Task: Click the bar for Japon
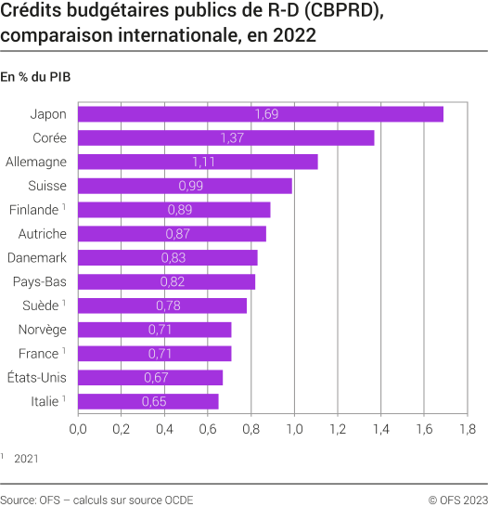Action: click(x=261, y=114)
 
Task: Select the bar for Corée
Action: click(x=225, y=137)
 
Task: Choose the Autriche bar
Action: click(x=172, y=234)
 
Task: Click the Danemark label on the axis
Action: click(x=37, y=257)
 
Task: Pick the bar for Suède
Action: click(x=162, y=305)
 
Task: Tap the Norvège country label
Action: click(x=42, y=330)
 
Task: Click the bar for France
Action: click(x=154, y=354)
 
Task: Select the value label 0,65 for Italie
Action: click(x=153, y=401)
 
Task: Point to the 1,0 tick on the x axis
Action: click(x=294, y=429)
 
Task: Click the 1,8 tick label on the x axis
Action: click(x=467, y=429)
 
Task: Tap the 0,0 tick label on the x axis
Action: click(x=78, y=429)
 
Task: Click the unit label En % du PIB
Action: click(x=36, y=77)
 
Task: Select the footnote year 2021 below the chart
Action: click(x=26, y=458)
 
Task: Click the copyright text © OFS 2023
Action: click(x=452, y=500)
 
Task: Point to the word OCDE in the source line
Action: click(x=177, y=500)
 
